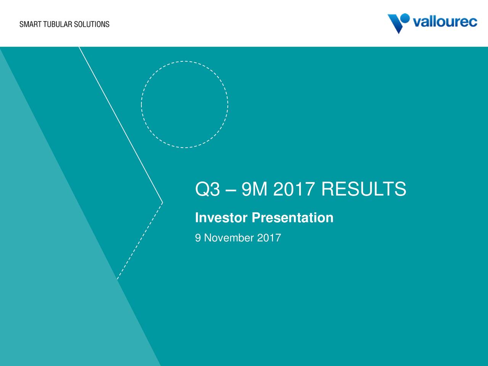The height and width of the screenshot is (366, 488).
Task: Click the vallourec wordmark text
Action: click(445, 22)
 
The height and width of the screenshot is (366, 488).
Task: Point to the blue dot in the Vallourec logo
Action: click(405, 18)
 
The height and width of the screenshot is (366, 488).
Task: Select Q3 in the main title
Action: click(207, 189)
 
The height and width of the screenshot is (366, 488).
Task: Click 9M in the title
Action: click(254, 189)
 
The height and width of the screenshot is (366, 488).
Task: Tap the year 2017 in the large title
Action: click(294, 189)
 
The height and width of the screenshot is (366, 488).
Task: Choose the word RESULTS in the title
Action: click(364, 189)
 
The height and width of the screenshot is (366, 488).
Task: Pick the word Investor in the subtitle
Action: click(221, 218)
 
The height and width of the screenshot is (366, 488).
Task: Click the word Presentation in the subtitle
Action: click(292, 218)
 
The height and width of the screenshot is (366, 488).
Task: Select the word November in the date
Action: click(229, 238)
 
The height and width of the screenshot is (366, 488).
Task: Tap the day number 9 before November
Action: click(198, 238)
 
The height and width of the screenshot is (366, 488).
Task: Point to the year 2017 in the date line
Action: click(269, 238)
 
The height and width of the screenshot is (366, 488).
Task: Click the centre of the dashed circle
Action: click(185, 104)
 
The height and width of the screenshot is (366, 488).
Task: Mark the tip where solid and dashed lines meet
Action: click(163, 202)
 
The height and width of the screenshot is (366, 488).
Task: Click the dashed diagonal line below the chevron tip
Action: click(140, 241)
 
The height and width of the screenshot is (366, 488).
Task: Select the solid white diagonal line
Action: click(121, 125)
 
